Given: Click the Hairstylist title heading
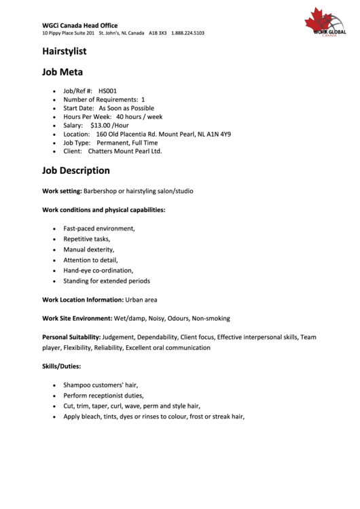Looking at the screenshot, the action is pos(64,51).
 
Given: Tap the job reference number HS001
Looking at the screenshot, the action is pos(107,90).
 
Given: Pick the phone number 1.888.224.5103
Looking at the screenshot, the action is pos(187,33).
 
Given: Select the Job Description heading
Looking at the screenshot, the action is pos(75,171).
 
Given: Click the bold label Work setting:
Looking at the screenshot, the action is pos(62,191).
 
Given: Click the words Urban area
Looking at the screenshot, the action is pos(141,299).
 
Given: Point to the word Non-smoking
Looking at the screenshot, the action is pos(211,318).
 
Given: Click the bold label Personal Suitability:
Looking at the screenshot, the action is pos(71,337).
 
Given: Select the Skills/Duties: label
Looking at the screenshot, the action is pos(61,366).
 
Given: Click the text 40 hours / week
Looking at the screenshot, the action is pos(139,117).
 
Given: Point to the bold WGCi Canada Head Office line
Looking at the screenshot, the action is pos(79,25).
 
